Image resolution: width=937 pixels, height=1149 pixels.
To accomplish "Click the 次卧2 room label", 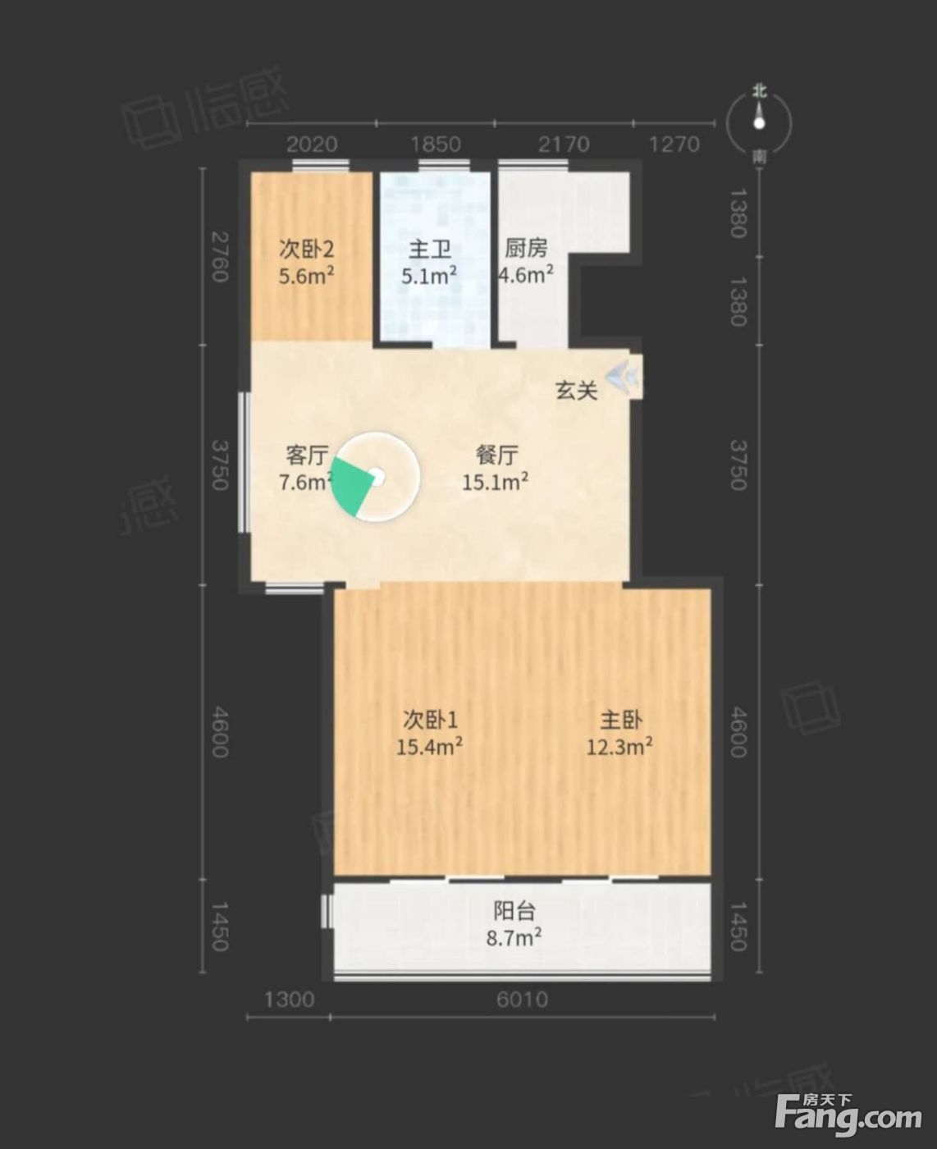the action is point(306,250).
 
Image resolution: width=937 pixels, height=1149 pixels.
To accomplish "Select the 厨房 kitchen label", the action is point(526,249).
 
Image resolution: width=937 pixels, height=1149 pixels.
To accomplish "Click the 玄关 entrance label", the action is point(576,391).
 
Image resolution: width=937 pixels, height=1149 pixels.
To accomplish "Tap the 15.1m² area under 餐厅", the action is point(496,482).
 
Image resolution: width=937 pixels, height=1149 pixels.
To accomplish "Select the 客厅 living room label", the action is point(307,455).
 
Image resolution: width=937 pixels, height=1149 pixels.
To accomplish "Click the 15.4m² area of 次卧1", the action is point(429,746).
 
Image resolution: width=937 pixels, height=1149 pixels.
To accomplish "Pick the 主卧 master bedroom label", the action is point(621,721).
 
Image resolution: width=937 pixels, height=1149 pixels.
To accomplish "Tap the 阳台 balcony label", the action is point(514,911).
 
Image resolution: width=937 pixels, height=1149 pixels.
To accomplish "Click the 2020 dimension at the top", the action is point(312,144).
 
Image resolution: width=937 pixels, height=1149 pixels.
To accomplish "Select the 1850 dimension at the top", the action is point(436,144).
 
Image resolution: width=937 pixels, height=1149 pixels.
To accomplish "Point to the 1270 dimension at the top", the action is point(674,144).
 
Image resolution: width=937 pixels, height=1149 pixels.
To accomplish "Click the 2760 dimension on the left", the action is point(220,257).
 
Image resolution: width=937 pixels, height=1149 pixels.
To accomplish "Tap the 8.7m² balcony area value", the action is point(514,938).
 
